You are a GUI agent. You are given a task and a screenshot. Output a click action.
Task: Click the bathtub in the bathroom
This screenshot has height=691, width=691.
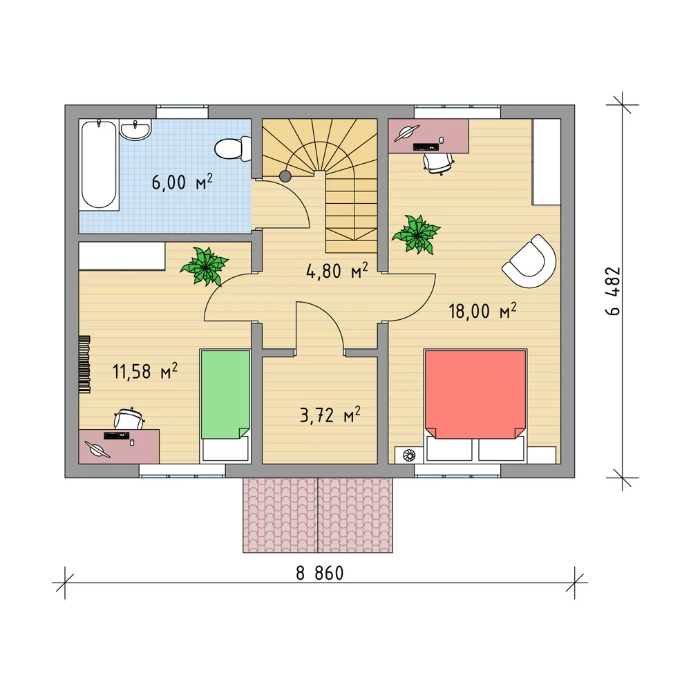[x=99, y=164]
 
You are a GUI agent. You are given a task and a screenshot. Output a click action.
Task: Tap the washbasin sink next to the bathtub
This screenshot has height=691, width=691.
[x=135, y=129]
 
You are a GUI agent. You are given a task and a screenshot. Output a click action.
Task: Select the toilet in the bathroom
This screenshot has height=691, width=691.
[x=233, y=149]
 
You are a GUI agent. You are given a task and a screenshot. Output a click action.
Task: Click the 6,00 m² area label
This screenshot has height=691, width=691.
[x=182, y=182]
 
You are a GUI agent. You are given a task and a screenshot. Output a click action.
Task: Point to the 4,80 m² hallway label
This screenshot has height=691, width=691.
[x=337, y=271]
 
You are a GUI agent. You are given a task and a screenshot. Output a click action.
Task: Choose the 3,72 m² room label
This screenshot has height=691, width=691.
[x=330, y=415]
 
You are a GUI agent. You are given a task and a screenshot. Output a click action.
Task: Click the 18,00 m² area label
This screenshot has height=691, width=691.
[x=482, y=311]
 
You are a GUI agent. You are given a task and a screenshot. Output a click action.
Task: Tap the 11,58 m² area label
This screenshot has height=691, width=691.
[x=145, y=371]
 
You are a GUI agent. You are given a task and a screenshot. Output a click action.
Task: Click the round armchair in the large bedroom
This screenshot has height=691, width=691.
[x=529, y=261]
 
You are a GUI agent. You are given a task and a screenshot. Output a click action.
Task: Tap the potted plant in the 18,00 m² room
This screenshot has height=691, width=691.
[x=416, y=234]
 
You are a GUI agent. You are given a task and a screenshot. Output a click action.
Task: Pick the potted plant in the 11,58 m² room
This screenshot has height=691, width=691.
[x=204, y=266]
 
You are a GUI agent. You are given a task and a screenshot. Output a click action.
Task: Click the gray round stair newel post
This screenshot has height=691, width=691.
[x=285, y=176]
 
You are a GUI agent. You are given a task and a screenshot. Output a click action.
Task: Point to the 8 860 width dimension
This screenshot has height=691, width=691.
[x=319, y=574]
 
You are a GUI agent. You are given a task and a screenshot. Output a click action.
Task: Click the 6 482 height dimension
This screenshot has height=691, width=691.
[x=613, y=292]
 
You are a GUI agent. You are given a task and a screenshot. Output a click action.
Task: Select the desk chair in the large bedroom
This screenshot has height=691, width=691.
[x=438, y=162]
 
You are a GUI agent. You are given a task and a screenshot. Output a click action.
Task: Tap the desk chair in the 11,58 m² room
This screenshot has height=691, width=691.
[x=129, y=419]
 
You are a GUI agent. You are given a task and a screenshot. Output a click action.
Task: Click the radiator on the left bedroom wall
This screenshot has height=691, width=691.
[x=84, y=364]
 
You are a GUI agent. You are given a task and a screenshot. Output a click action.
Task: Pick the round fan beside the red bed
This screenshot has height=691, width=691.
[x=409, y=455]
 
